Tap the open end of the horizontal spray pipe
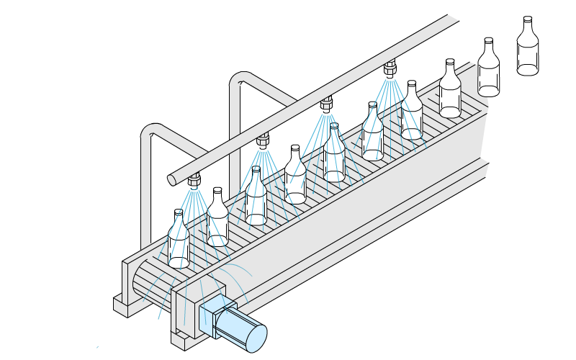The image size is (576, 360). (172, 179)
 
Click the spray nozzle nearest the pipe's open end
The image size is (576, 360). (194, 179)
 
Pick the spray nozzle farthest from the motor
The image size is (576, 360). (390, 68)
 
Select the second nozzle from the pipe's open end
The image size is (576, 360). (263, 138)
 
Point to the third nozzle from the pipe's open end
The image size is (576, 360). (326, 104)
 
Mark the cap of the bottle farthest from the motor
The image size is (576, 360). (528, 19)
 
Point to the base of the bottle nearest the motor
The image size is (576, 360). (179, 261)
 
